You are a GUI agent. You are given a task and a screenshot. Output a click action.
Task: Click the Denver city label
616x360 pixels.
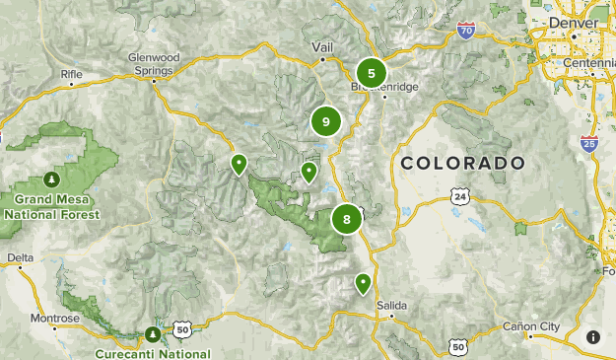pos(573,22)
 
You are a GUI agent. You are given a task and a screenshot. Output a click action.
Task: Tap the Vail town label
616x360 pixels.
pos(322,46)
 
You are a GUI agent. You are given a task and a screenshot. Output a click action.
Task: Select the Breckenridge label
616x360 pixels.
pos(386,87)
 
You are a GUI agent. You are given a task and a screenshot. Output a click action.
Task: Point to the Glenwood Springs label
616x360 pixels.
pos(151,63)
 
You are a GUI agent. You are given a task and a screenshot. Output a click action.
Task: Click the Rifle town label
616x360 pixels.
pos(72,74)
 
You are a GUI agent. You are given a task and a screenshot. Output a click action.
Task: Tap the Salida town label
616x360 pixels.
pos(391,305)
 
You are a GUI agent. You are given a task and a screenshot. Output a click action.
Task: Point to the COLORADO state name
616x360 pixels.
pos(462,163)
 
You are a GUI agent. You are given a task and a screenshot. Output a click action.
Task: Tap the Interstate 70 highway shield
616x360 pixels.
pos(465,32)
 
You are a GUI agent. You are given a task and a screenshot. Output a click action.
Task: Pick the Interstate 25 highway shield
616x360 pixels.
pos(589,144)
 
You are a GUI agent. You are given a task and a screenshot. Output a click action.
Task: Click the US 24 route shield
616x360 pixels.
pos(460,197)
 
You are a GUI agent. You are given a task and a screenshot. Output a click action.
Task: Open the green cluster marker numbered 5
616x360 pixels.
pos(371,72)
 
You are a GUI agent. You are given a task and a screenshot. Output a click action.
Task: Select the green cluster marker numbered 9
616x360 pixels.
pos(325,121)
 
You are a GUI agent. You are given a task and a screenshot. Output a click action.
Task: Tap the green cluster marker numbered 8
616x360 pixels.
pos(347,219)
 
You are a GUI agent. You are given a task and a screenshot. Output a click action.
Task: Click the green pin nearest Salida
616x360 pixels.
pos(363,284)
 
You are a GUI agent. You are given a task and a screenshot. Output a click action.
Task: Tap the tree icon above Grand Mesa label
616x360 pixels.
pos(50,180)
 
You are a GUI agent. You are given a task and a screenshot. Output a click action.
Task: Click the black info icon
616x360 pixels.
pos(593,337)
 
